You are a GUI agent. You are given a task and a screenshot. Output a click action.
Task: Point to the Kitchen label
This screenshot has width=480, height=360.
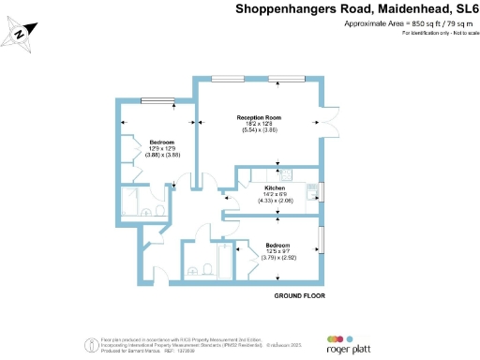pos(274,187)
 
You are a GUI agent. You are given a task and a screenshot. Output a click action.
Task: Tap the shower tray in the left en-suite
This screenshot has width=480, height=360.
pos(132,202)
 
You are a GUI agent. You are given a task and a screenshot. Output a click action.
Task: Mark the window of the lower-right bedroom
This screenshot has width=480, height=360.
pos(322,240)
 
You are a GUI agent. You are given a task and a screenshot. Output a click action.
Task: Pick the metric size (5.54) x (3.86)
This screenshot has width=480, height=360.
pos(260,129)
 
